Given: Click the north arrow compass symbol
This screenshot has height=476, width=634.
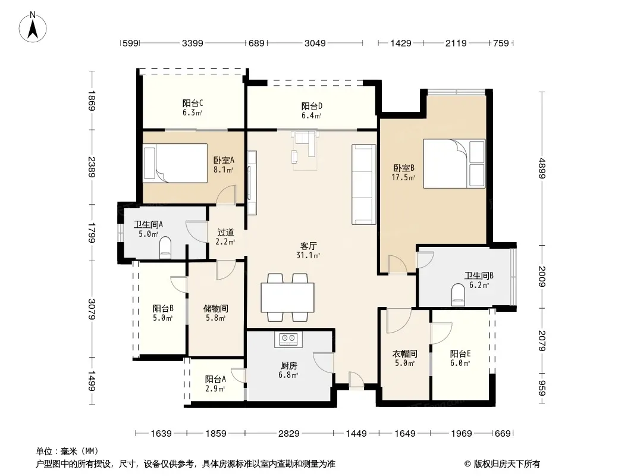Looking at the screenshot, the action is point(33,27).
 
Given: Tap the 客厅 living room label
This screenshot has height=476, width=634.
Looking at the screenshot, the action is point(309,246).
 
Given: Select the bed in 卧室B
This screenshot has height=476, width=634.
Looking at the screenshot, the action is point(454,164).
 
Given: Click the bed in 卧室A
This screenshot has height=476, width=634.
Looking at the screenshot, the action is point(175,163).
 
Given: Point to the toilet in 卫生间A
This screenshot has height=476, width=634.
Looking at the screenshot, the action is point(166,248).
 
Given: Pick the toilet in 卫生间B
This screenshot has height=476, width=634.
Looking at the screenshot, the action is point(458,295).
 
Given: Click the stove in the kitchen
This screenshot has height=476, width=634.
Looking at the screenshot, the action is point(288,339).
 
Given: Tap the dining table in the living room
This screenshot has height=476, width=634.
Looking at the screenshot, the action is point(287,297).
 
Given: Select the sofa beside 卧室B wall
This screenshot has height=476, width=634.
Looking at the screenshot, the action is point(364,184).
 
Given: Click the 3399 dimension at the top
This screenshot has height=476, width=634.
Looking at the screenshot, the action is point(193,43).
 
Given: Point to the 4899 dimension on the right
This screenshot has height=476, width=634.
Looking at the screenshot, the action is point(542,168).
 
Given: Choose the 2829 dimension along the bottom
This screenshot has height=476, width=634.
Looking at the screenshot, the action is point(288,434).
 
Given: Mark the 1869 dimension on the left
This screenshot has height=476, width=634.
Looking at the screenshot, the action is point(92,101).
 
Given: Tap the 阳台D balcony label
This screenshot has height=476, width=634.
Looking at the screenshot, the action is point(312,107).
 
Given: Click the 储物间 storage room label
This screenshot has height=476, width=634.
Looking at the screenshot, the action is point(215,309).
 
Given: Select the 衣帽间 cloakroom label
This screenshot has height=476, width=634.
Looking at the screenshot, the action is point(405,354).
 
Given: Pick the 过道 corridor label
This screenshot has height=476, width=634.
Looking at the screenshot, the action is point(225,233).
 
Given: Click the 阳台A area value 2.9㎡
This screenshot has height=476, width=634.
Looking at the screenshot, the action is point(215,389).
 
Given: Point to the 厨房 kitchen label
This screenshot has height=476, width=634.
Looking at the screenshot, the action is point(288,365).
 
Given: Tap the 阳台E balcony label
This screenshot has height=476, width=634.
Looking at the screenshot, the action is point(460,354).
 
